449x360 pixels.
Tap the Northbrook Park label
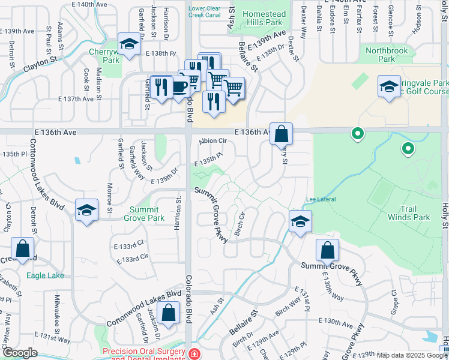[387, 55]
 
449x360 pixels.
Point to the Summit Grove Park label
[144, 214]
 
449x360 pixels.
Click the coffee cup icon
[179, 86]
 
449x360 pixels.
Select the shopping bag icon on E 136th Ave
[281, 133]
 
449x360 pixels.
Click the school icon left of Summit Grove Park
[87, 209]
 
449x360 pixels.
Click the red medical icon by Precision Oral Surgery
[194, 354]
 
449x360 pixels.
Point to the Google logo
[20, 353]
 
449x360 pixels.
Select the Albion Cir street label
[212, 140]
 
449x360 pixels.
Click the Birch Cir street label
[242, 223]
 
